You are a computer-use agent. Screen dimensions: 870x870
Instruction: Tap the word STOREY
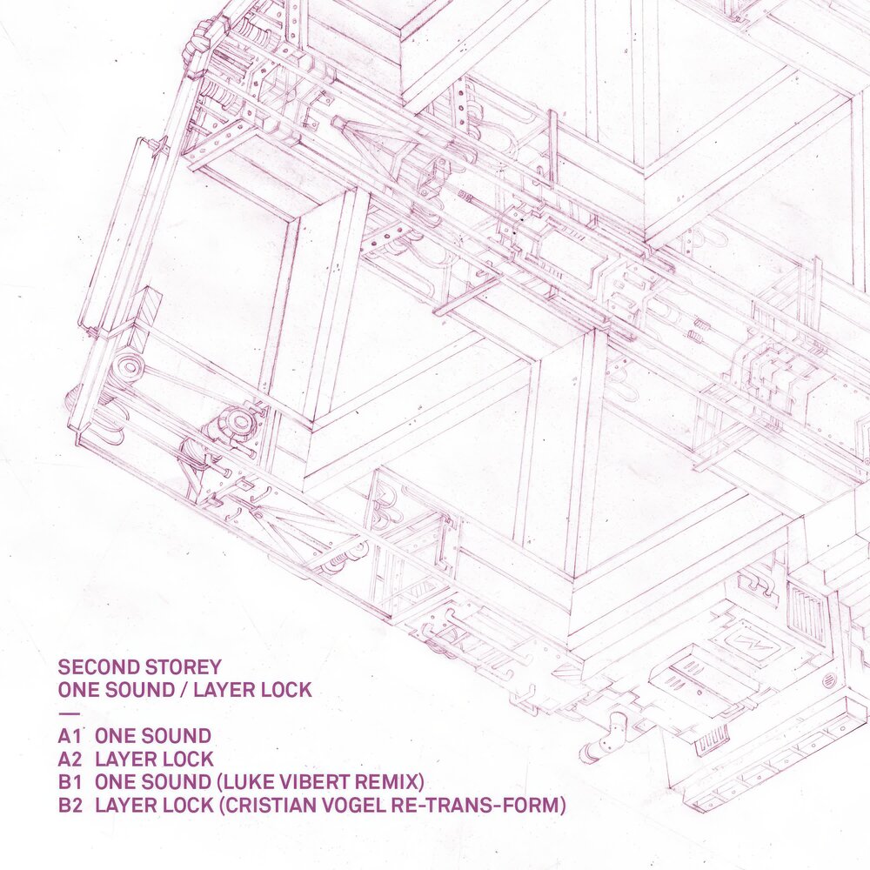click(183, 667)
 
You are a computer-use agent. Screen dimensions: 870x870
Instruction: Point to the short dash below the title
click(64, 713)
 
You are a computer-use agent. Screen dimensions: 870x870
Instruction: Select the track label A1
click(70, 736)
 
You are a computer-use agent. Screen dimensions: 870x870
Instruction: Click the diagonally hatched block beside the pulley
click(148, 309)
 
